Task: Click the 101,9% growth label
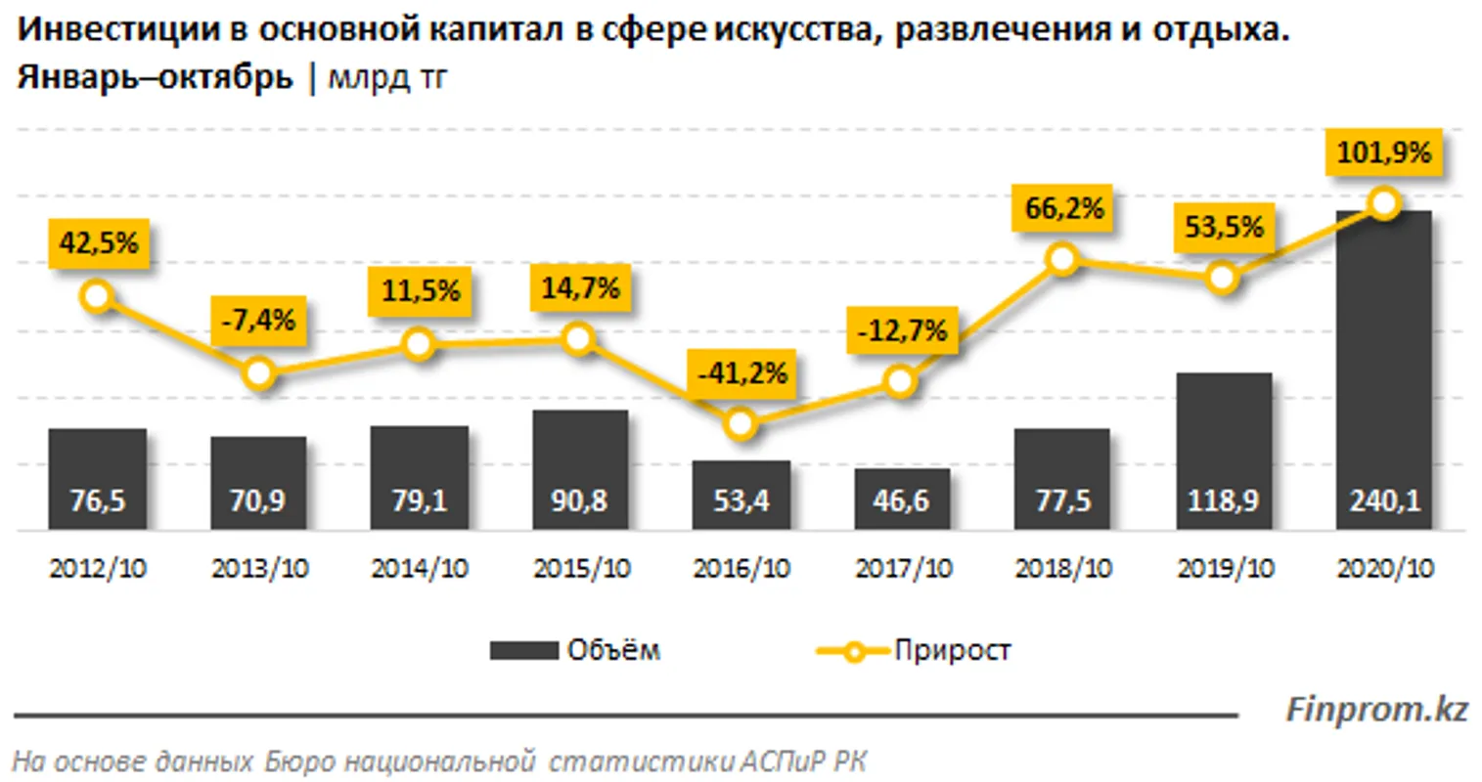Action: (x=1384, y=153)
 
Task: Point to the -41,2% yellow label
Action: (x=741, y=373)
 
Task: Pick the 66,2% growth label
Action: (x=1063, y=208)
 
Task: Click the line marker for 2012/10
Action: (x=97, y=295)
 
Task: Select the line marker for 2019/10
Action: (x=1222, y=278)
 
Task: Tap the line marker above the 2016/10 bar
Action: (x=741, y=423)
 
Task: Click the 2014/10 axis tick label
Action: (x=419, y=569)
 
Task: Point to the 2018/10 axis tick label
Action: (x=1063, y=569)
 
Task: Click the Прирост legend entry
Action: (x=915, y=650)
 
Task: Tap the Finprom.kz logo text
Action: (x=1376, y=709)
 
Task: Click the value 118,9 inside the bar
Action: (x=1223, y=501)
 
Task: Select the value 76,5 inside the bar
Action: (x=97, y=501)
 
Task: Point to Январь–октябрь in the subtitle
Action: (x=155, y=77)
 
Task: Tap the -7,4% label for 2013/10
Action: (x=258, y=319)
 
